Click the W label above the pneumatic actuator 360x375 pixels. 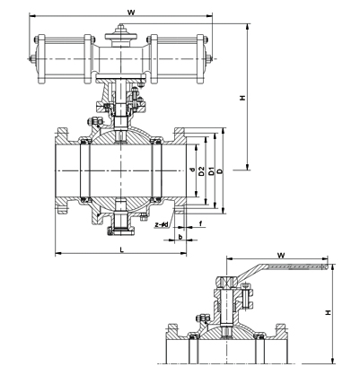[131, 13]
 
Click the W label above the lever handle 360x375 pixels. [281, 255]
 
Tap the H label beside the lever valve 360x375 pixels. [329, 312]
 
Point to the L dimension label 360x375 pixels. [121, 249]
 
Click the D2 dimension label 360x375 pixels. [201, 170]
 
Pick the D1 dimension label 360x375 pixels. [211, 170]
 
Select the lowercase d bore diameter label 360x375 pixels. [193, 170]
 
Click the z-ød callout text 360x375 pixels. [162, 224]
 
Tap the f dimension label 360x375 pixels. [200, 223]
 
